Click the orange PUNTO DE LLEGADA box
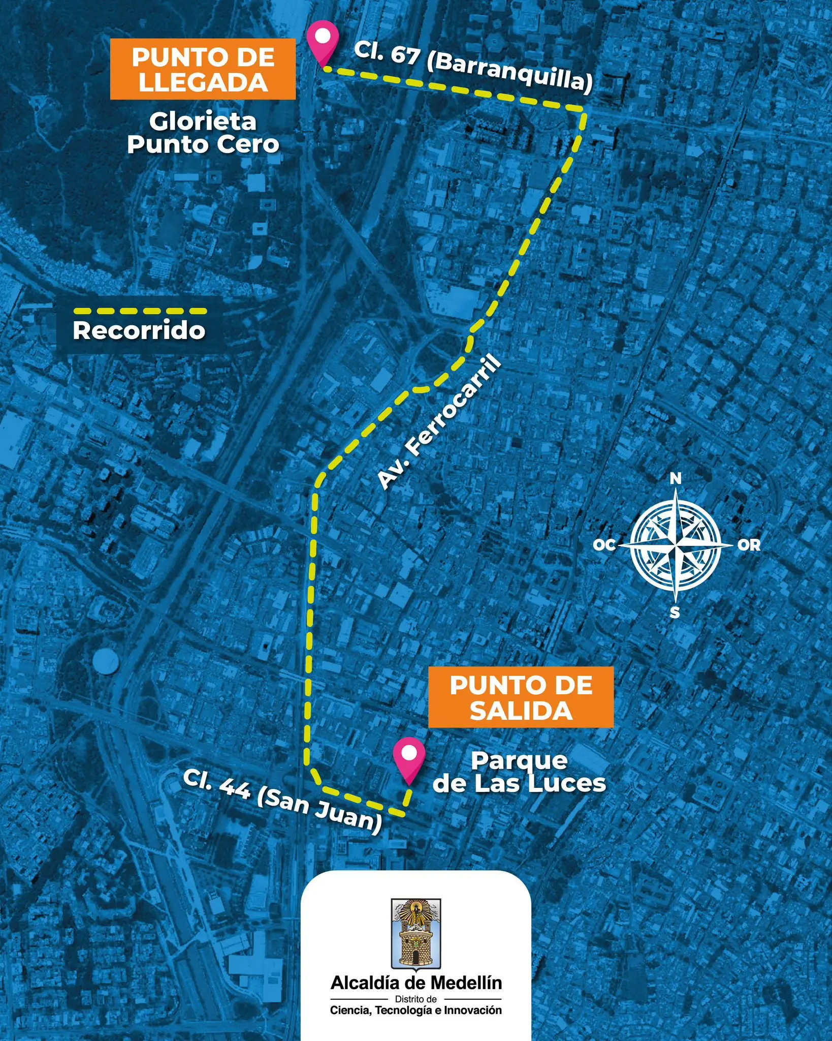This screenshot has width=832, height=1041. [203, 70]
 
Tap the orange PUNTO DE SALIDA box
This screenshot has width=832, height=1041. [521, 697]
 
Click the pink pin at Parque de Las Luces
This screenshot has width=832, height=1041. [409, 758]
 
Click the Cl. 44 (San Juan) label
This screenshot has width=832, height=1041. [282, 801]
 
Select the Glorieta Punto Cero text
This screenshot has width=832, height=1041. [203, 133]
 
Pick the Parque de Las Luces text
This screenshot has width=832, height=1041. [519, 772]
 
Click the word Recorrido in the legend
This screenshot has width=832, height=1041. [139, 330]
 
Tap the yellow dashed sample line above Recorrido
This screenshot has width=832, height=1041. [140, 311]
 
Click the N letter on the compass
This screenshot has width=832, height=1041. [676, 478]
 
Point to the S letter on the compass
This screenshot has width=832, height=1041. [675, 613]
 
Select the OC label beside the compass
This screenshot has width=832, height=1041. [604, 545]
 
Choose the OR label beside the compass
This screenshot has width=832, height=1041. [749, 545]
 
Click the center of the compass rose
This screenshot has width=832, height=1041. [676, 545]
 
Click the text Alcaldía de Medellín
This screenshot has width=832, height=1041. [416, 983]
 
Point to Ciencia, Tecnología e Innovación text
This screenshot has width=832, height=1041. [416, 1010]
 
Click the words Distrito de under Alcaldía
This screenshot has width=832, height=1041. [416, 999]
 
